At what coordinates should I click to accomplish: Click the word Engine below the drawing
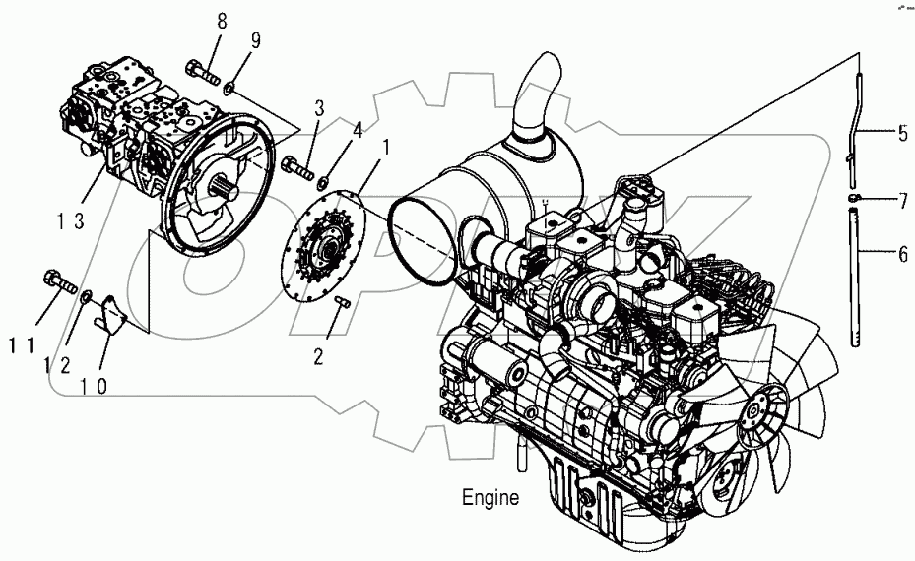[490, 498]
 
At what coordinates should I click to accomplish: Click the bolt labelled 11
[59, 284]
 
